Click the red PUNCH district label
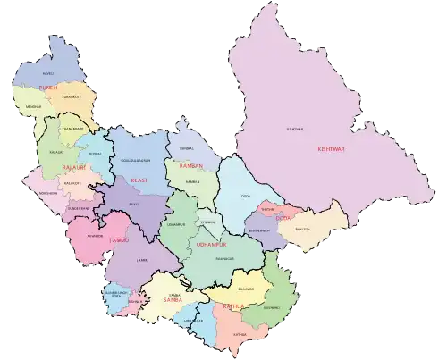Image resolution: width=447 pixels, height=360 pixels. coord(49,87)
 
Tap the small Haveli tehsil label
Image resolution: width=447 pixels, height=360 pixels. coord(48,73)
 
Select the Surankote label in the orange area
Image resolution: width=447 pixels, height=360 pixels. coord(72,96)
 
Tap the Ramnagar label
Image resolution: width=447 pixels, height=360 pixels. coord(223,259)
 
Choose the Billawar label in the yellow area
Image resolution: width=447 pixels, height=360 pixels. coord(246,289)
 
